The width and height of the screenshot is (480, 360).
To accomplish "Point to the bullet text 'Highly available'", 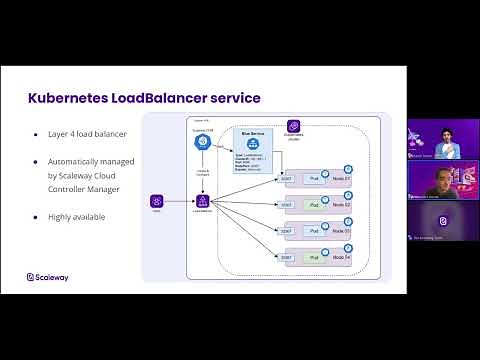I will point(74,216).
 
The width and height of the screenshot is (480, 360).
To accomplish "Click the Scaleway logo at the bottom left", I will point(49,278).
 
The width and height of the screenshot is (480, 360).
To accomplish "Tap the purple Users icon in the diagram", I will point(157,201).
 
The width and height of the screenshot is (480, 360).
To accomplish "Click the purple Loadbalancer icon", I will point(203,201).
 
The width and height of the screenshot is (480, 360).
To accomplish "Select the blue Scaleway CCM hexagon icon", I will point(201,142).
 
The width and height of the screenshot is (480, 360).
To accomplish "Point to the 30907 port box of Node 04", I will point(286,258).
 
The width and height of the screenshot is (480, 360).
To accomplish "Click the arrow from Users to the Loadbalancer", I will point(179,201).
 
